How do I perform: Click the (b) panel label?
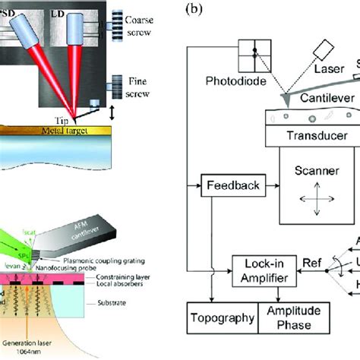tap(193, 11)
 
